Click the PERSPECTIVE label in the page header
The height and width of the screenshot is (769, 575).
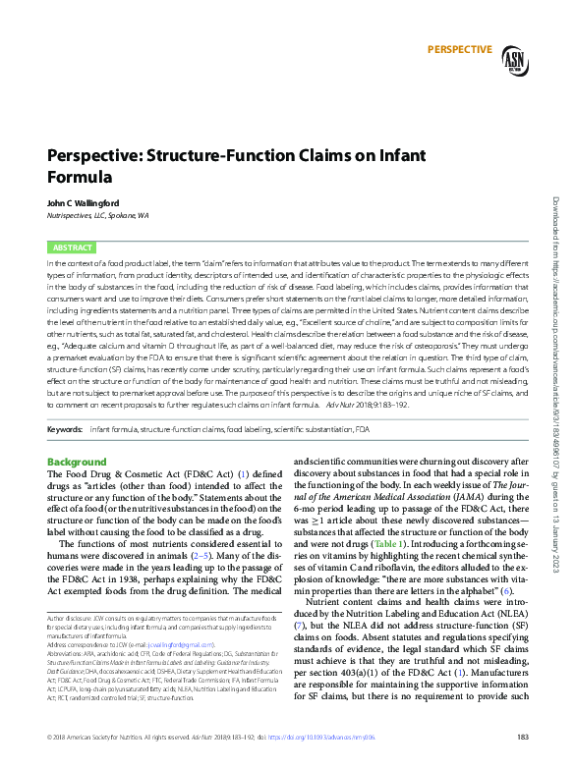tap(459, 49)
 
